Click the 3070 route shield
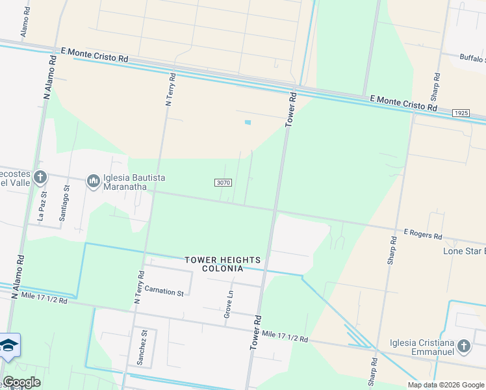coord(223,183)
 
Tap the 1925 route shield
coord(461,113)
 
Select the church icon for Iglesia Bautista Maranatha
coord(93,180)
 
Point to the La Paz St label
coord(43,206)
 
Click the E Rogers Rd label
coord(422,232)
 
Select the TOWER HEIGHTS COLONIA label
coord(214,264)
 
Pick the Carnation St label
coord(164,291)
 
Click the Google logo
coord(21,382)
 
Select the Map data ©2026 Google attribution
coord(445,385)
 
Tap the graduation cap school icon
coord(8,345)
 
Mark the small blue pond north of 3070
coord(247,122)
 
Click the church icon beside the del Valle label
coord(40,177)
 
